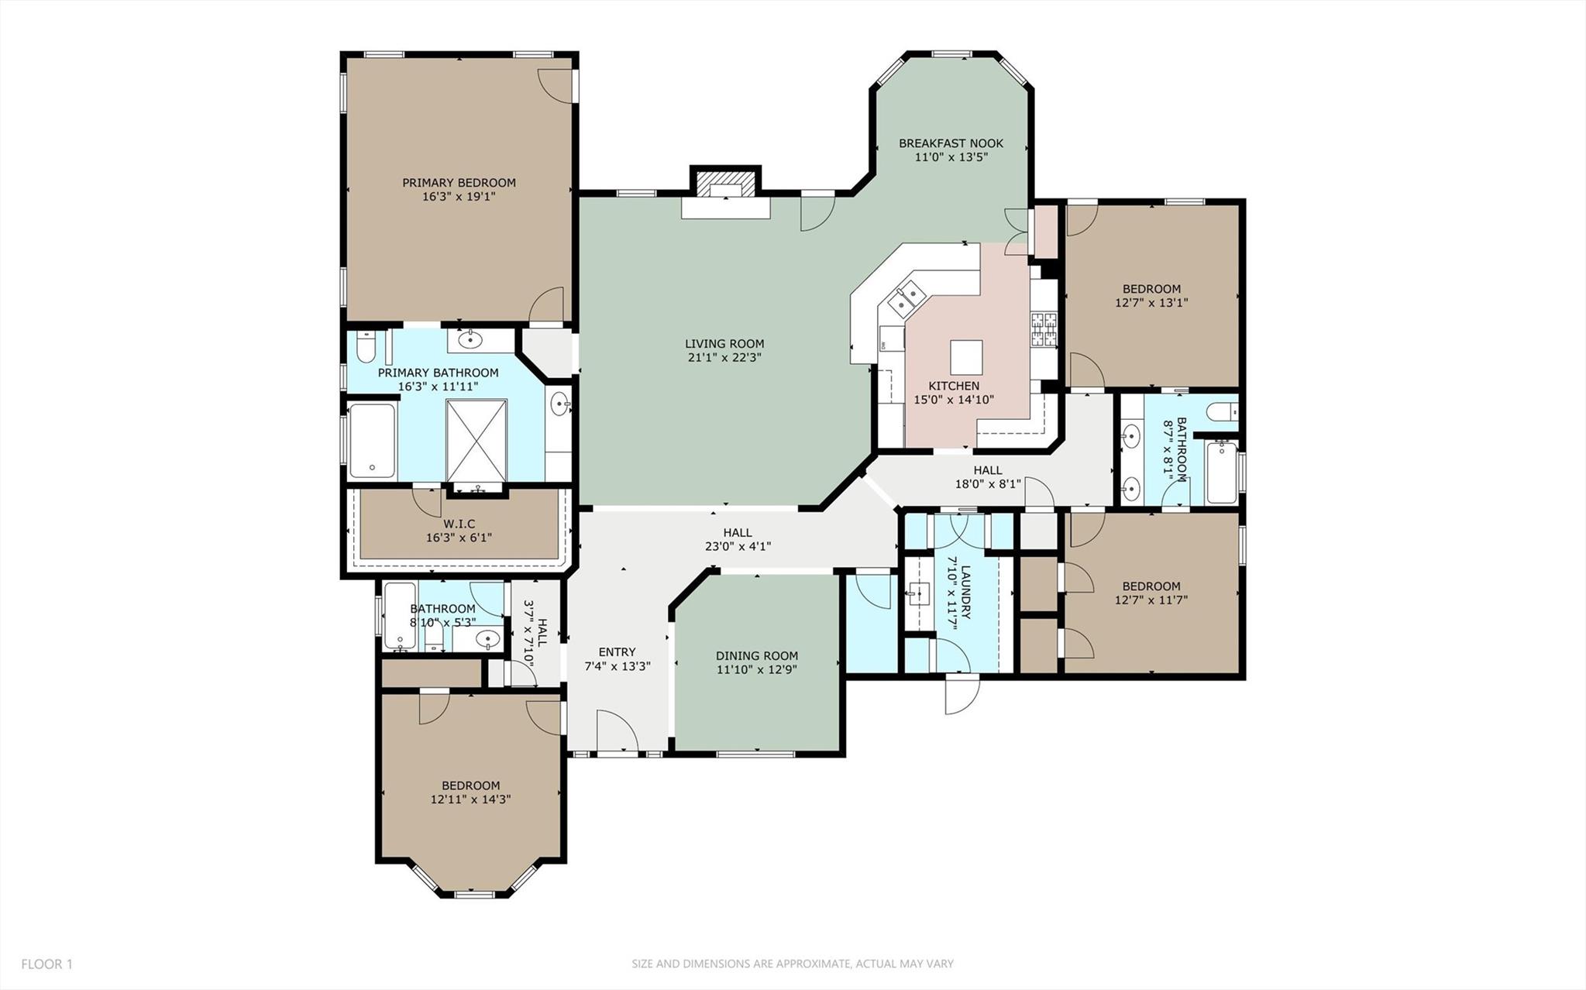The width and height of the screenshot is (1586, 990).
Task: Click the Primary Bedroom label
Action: point(459,183)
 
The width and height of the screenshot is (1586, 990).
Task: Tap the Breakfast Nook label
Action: point(951,143)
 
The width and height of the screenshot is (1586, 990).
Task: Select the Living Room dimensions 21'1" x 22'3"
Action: point(724,358)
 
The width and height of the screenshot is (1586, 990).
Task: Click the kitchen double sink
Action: point(907,300)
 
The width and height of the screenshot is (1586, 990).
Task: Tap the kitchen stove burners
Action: point(1042,328)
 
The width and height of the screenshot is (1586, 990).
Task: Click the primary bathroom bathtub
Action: point(372,440)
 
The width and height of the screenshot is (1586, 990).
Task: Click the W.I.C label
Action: point(459,524)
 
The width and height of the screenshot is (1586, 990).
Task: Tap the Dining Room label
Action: point(756,656)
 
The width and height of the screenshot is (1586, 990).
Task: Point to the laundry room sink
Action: point(920,594)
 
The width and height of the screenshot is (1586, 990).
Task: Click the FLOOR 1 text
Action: point(46,964)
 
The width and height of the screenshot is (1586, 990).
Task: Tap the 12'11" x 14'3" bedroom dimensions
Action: point(470,799)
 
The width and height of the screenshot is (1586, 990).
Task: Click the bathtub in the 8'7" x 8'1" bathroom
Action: point(1221,471)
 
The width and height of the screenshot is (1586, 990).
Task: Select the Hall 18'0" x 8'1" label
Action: point(988,477)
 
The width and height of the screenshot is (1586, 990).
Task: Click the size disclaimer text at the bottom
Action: point(793,964)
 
